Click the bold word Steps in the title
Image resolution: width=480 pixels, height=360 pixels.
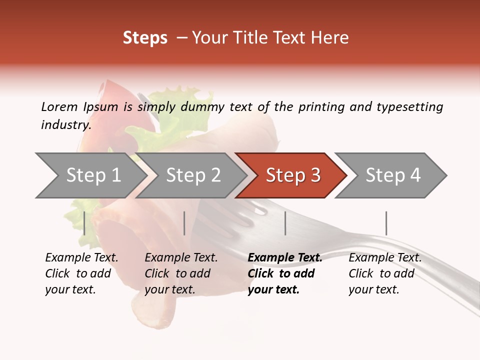(145, 38)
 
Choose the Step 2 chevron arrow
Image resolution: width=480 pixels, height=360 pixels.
(192, 175)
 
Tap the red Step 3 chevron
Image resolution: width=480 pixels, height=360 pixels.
(292, 175)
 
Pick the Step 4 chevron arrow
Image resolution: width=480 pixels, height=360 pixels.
(392, 175)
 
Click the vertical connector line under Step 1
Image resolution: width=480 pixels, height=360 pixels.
(84, 223)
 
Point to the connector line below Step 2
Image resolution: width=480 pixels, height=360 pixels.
(184, 223)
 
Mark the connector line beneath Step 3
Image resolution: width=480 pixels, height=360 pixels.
(285, 223)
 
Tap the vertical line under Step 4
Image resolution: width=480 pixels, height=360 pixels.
(386, 223)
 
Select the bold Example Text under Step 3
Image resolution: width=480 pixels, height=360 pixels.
(285, 258)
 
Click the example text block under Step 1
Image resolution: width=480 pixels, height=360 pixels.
(81, 273)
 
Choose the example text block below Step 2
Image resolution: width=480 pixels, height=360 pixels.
(181, 273)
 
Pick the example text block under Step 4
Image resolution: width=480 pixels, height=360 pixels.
(385, 273)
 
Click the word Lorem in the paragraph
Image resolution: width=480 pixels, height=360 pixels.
(59, 106)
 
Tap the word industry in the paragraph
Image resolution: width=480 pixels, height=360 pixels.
(65, 125)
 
